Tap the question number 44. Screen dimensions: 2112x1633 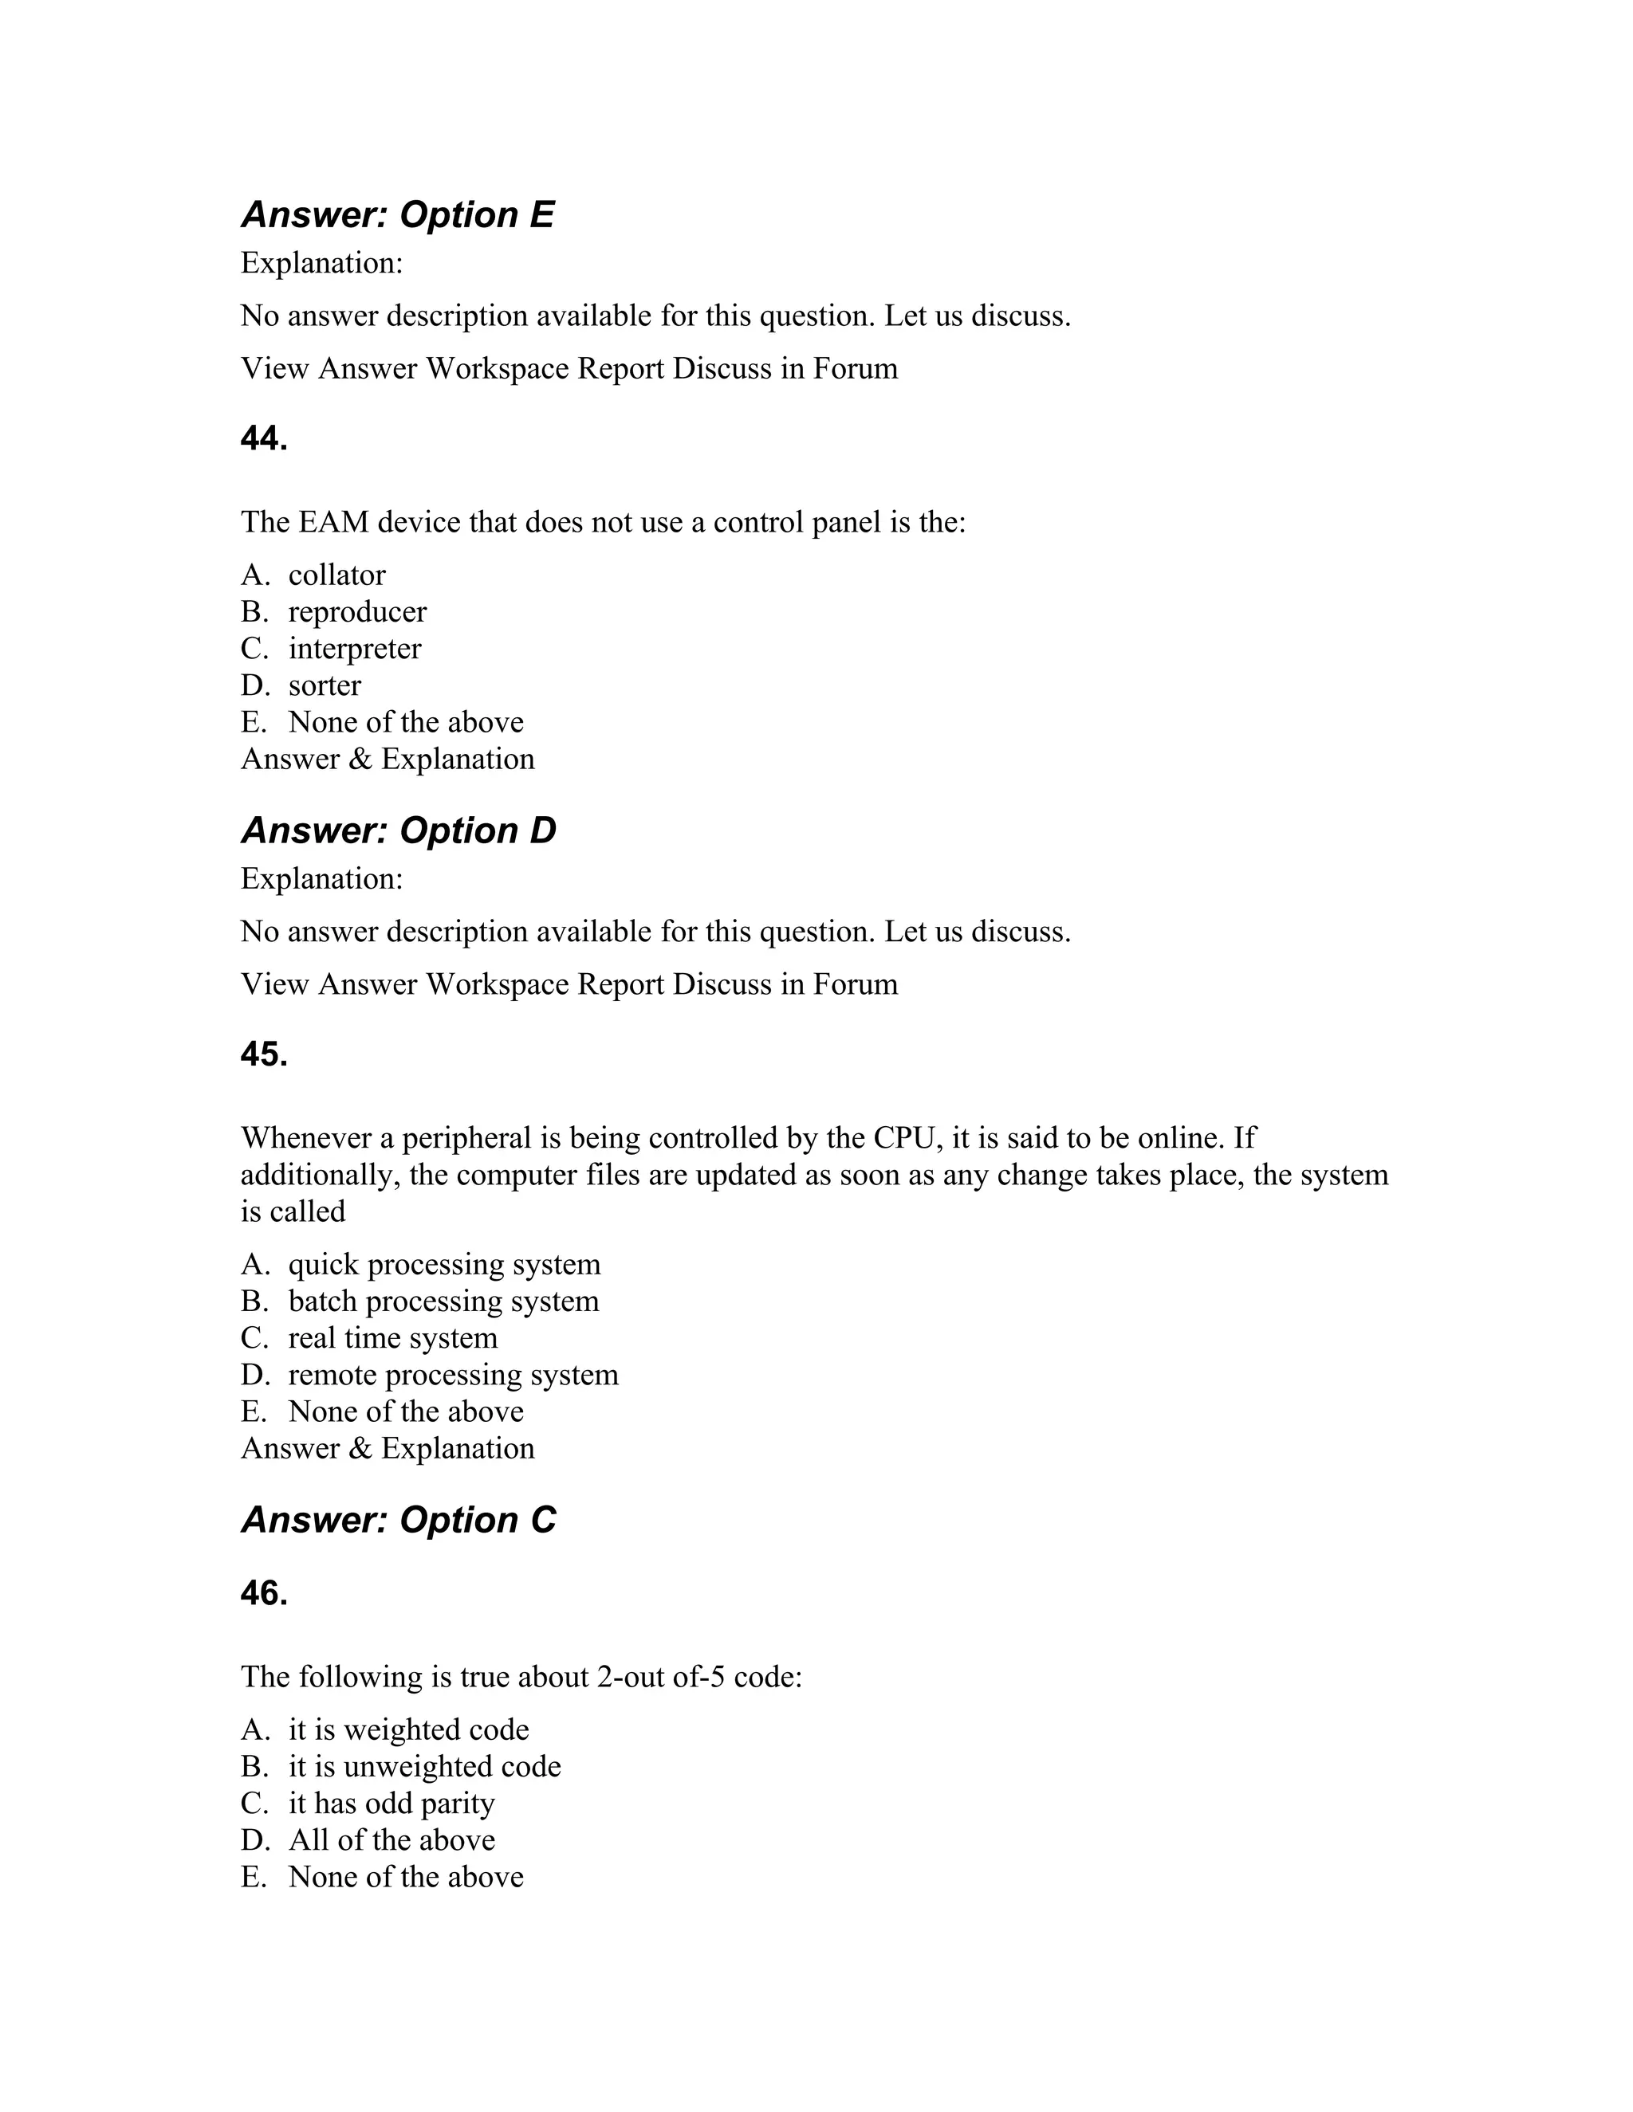pyautogui.click(x=264, y=439)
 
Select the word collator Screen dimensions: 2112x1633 pyautogui.click(x=336, y=575)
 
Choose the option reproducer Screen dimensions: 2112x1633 pyautogui.click(x=357, y=612)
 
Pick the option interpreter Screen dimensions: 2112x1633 pyautogui.click(x=354, y=649)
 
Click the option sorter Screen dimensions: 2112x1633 pyautogui.click(x=324, y=685)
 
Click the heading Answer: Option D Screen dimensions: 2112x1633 pyautogui.click(x=398, y=830)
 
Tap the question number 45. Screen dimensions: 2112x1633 pyautogui.click(x=264, y=1055)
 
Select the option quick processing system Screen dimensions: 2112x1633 pyautogui.click(x=444, y=1265)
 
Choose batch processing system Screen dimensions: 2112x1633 pyautogui.click(x=443, y=1301)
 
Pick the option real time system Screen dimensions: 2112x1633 pyautogui.click(x=393, y=1338)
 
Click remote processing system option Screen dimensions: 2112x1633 pyautogui.click(x=453, y=1375)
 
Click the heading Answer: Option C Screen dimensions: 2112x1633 pyautogui.click(x=398, y=1520)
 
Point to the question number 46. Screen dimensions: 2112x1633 pyautogui.click(x=264, y=1594)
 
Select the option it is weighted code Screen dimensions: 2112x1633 pyautogui.click(x=408, y=1730)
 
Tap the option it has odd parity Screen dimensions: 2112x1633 pyautogui.click(x=391, y=1804)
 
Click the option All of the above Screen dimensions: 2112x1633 pyautogui.click(x=391, y=1840)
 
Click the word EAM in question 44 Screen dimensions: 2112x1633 pyautogui.click(x=333, y=523)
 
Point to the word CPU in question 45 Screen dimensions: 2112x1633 pyautogui.click(x=907, y=1138)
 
